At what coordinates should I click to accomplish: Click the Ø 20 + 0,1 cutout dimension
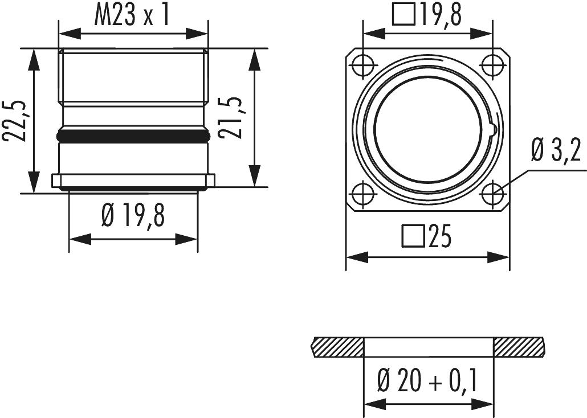click(427, 381)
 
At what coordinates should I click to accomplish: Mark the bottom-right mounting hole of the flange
click(492, 194)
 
